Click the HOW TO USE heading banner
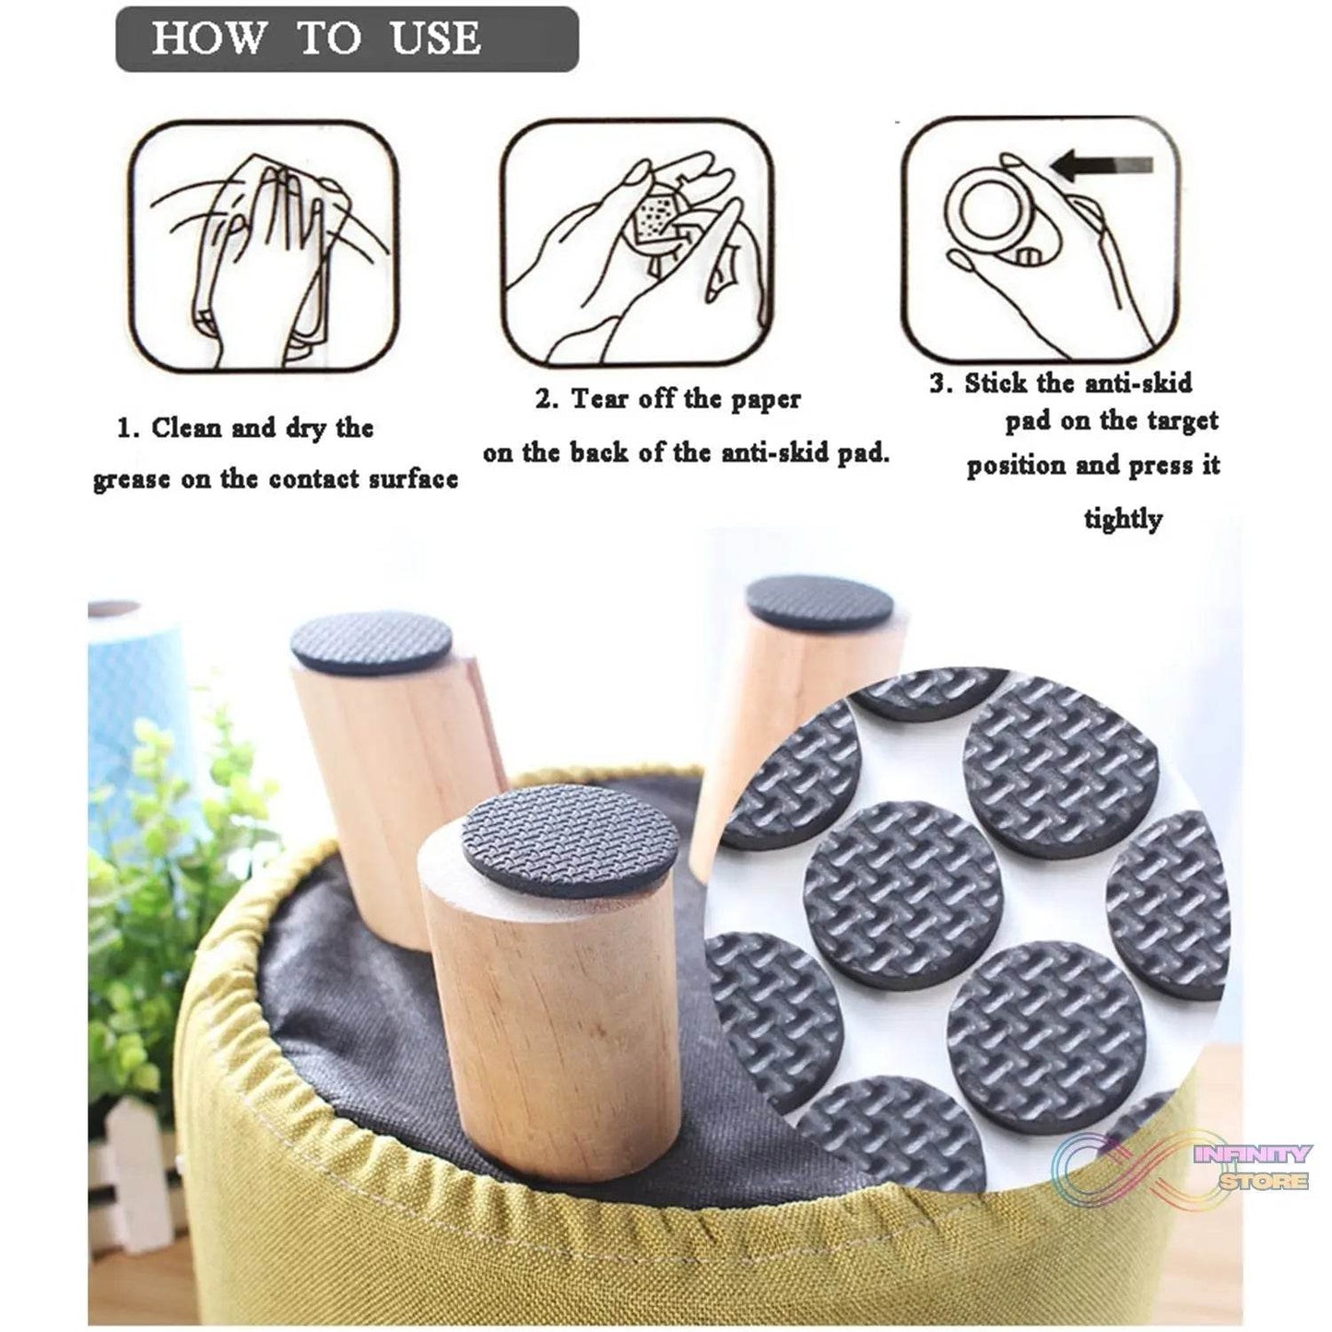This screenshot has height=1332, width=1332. point(347,39)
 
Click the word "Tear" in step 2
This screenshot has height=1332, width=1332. point(601,399)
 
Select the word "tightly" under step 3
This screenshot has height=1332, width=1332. point(1123,518)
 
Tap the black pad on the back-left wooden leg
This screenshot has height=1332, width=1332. point(371,642)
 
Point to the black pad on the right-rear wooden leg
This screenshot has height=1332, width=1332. point(819,603)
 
